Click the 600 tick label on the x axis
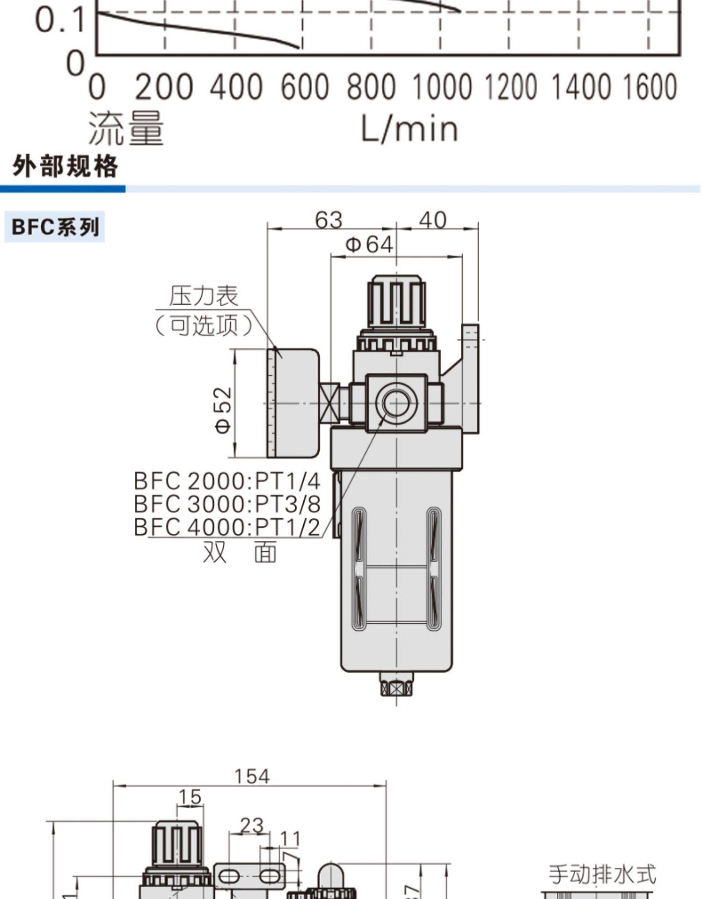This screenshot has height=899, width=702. (x=305, y=87)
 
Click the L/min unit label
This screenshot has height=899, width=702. (x=409, y=129)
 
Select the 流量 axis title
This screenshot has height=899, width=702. (x=126, y=128)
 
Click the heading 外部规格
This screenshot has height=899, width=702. (x=65, y=166)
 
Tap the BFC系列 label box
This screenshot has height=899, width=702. (x=55, y=227)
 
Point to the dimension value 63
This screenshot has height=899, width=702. (x=329, y=220)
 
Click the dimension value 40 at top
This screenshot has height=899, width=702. (x=432, y=220)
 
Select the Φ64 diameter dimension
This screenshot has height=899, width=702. (x=369, y=244)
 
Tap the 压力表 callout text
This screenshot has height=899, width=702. (x=204, y=296)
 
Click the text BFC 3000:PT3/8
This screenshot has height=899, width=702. (x=227, y=504)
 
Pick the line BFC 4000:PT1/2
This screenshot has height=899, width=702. (x=227, y=527)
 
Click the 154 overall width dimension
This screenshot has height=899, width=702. (x=252, y=776)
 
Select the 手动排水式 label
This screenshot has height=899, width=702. (x=602, y=874)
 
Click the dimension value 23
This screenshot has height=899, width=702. (x=251, y=825)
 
